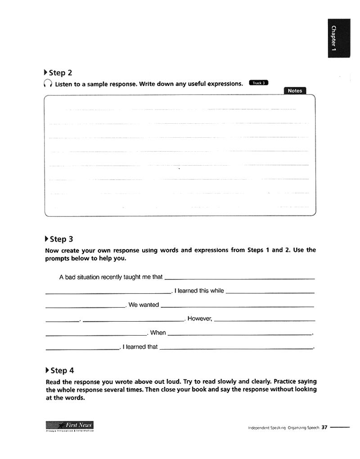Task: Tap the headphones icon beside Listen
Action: coord(48,84)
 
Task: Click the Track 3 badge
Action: coord(258,83)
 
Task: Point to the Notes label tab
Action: coord(295,90)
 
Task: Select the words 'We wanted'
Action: coord(144,305)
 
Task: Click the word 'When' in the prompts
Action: coord(158,333)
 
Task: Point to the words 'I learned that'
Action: coord(140,347)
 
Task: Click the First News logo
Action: coord(70,425)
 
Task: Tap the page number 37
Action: coord(324,428)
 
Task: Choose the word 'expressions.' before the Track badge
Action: coord(224,84)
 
